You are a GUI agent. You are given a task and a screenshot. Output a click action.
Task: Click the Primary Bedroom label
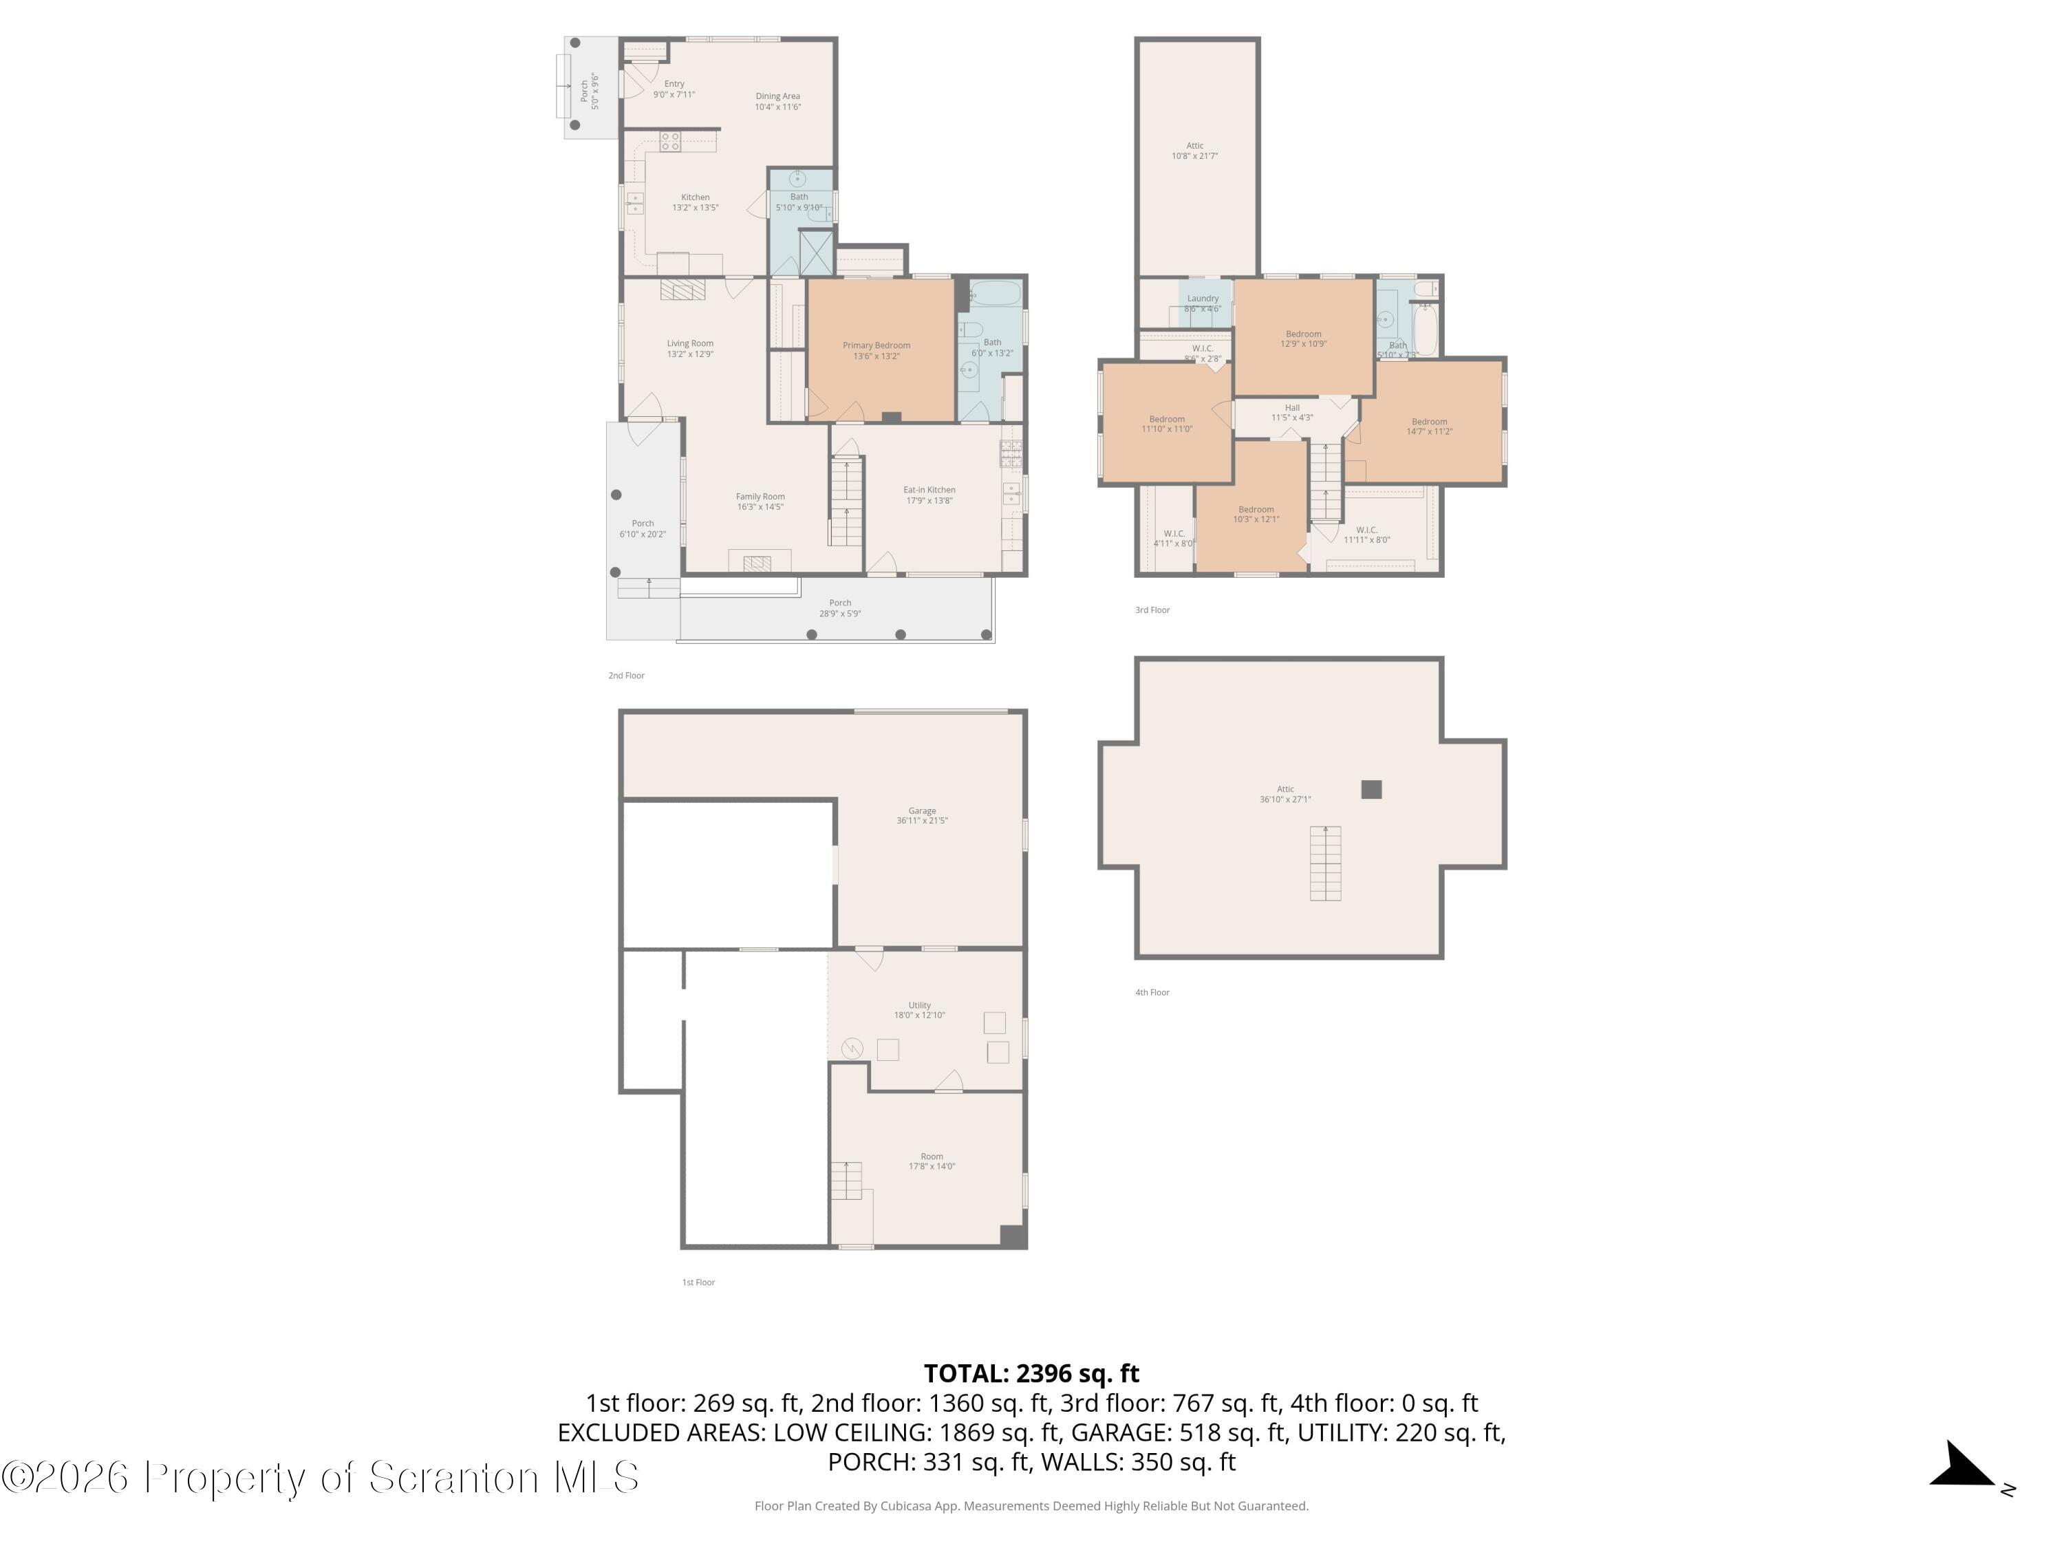[877, 350]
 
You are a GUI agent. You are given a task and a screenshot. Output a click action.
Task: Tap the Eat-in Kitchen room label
[929, 495]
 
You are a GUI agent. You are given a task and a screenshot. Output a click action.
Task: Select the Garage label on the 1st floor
[922, 815]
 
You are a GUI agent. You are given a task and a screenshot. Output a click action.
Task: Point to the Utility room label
[919, 1009]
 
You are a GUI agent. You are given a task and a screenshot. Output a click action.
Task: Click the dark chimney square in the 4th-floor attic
[1370, 789]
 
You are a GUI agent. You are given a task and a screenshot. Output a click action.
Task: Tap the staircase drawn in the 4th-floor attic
[1325, 863]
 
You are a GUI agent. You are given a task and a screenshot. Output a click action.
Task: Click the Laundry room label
[1203, 303]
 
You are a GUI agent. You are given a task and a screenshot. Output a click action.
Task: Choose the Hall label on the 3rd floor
[1292, 412]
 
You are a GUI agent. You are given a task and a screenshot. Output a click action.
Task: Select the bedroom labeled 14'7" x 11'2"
[1428, 427]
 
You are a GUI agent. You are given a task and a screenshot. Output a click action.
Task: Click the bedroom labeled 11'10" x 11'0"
[1166, 424]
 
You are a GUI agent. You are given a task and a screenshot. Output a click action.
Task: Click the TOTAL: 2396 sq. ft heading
[1031, 1373]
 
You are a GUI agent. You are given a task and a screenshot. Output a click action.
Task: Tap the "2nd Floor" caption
[626, 676]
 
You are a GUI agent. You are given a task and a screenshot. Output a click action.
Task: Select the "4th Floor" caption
[1152, 992]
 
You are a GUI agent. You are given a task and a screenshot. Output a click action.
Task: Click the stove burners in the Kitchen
[670, 142]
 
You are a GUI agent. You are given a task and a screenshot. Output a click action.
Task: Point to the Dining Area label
[777, 100]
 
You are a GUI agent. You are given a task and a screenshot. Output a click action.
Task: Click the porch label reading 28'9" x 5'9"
[840, 608]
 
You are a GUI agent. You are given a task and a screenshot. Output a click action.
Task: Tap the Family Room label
[760, 501]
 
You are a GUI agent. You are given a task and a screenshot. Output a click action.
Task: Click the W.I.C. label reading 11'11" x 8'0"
[1366, 535]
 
